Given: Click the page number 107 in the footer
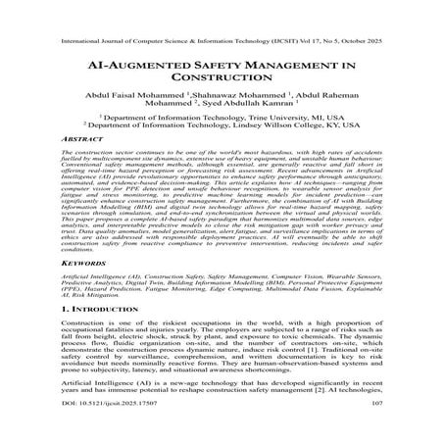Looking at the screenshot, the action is (x=378, y=428).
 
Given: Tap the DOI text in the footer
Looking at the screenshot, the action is (x=109, y=428).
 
